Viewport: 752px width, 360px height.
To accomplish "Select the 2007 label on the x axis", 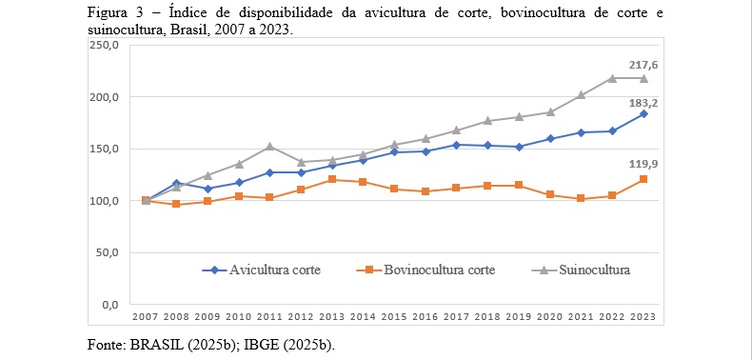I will click(x=146, y=317).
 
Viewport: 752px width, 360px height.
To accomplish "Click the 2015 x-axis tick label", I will click(x=394, y=317).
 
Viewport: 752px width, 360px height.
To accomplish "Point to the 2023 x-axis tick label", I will click(x=643, y=317).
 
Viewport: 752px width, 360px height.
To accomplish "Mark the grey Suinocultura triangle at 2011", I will click(x=270, y=147).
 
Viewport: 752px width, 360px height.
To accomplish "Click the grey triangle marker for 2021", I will click(x=581, y=95).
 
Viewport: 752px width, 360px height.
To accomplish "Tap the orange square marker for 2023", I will click(x=643, y=179).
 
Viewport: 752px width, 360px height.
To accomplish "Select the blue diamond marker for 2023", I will click(x=643, y=114).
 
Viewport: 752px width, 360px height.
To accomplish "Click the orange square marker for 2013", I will click(x=332, y=179).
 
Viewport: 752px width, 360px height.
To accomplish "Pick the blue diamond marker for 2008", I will click(x=177, y=183).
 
